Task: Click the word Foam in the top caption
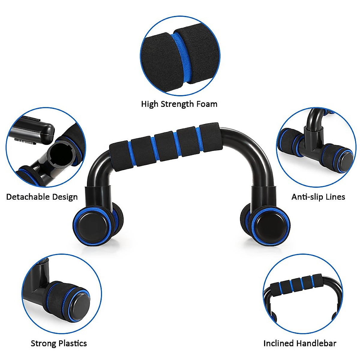(x=207, y=104)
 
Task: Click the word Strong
(x=43, y=343)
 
